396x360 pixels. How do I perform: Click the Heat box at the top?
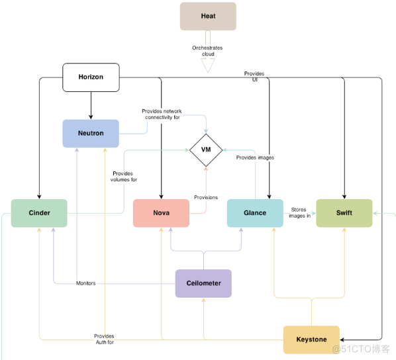(208, 16)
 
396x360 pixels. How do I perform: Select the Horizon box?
(91, 77)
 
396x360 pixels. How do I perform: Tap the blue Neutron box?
(91, 133)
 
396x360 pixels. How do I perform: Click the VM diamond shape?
(206, 150)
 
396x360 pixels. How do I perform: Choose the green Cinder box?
(39, 213)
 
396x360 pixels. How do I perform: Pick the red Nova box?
(161, 213)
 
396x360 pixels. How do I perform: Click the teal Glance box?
(255, 213)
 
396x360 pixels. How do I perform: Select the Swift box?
(344, 213)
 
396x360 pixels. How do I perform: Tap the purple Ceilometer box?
(203, 283)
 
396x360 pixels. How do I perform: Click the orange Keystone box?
(311, 339)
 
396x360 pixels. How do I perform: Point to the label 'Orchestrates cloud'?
(208, 52)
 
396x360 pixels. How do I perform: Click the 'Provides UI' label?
(254, 76)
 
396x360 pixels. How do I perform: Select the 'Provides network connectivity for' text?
(161, 114)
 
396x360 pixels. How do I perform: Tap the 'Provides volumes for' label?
(124, 176)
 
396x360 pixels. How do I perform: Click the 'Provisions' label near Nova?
(205, 197)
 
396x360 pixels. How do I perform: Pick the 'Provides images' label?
(255, 157)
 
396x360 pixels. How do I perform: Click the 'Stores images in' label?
(300, 212)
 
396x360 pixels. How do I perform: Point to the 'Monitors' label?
(85, 283)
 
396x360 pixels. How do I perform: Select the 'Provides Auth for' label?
(104, 339)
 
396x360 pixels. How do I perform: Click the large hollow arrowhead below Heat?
(208, 66)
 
